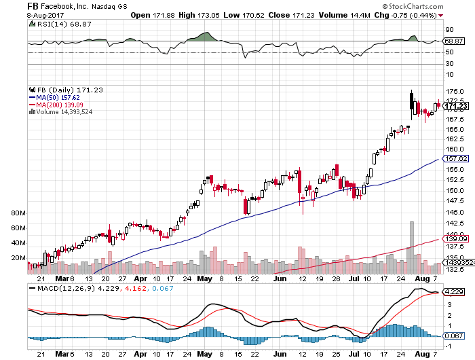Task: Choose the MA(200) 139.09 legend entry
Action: click(x=55, y=105)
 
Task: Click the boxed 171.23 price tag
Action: click(x=454, y=105)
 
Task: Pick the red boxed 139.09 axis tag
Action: click(x=454, y=239)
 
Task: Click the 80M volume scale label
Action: click(x=18, y=213)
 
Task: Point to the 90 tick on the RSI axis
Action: click(x=449, y=30)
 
